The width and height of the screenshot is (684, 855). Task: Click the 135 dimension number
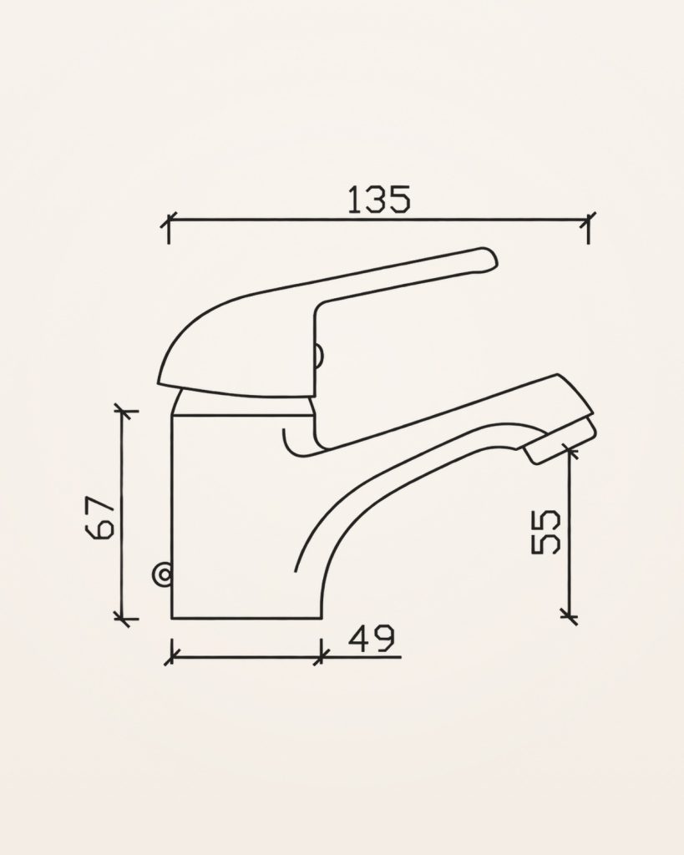[x=378, y=200]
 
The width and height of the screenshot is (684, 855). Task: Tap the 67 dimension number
[x=101, y=517]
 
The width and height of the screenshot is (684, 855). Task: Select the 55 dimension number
[x=546, y=532]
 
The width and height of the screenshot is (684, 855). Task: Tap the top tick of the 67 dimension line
[x=122, y=411]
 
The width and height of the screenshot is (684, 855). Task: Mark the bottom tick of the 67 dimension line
[x=122, y=619]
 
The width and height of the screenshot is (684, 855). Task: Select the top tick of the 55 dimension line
[x=570, y=450]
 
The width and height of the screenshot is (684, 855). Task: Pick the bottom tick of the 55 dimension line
[x=570, y=616]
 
